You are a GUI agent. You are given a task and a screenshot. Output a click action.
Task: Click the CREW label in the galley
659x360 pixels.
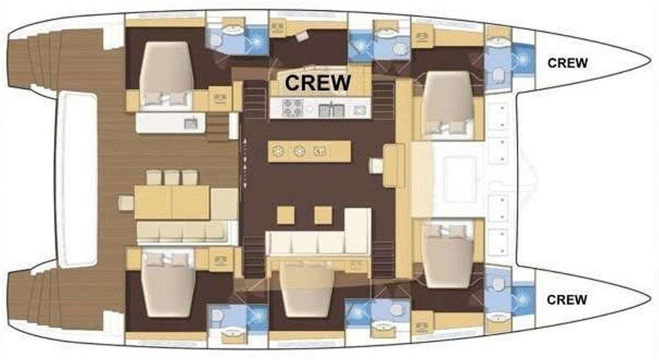click(318, 82)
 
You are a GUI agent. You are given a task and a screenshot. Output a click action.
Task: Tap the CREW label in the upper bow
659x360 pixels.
click(568, 63)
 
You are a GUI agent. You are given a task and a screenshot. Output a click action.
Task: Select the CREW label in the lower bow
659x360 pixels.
click(568, 299)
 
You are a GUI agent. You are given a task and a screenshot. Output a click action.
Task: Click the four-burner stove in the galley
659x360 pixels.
click(292, 107)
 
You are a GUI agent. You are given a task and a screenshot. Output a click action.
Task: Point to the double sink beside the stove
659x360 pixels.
click(332, 110)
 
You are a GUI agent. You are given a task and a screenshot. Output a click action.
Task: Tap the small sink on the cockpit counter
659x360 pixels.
click(191, 123)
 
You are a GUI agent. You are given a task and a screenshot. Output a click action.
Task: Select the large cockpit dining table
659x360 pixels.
click(172, 202)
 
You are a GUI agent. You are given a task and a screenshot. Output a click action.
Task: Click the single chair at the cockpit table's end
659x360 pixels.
click(126, 202)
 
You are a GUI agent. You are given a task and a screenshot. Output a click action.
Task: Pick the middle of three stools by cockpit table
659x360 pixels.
click(171, 177)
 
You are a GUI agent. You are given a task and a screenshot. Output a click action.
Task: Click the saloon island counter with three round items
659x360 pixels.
click(309, 151)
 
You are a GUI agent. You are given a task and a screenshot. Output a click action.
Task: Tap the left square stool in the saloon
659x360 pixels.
click(286, 215)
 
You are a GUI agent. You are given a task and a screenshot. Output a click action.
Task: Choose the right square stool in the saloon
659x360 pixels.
click(323, 215)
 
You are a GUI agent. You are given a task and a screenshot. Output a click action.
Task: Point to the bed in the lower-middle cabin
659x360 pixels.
click(308, 291)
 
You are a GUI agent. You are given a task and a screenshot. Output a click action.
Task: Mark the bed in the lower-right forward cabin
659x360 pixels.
click(448, 256)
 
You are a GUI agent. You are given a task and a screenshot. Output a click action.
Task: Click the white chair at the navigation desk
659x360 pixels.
click(376, 166)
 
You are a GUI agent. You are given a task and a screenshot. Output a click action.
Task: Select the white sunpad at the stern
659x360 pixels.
click(77, 179)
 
